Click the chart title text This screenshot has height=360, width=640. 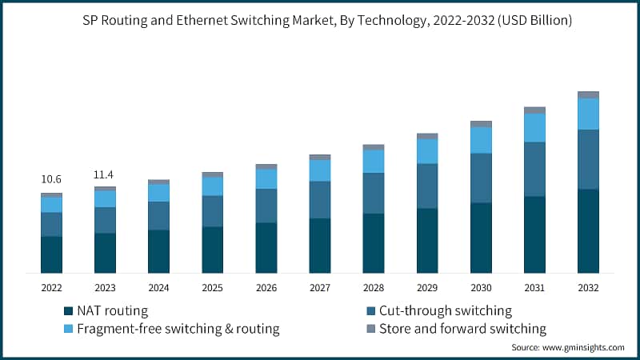tap(320, 22)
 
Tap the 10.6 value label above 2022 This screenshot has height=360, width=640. tap(51, 179)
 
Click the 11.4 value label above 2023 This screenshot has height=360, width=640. tap(105, 174)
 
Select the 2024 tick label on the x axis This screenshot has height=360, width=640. tap(158, 287)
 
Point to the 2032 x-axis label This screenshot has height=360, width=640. tap(588, 287)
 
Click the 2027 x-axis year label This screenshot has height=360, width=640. tap(320, 287)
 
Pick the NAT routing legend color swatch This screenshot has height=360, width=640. tap(68, 311)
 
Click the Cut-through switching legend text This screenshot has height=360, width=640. tap(445, 311)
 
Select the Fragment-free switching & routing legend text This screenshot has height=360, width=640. tap(178, 328)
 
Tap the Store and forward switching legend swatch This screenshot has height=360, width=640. tap(370, 328)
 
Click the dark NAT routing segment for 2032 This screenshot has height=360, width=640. tap(588, 230)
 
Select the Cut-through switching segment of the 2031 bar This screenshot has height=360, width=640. tap(534, 169)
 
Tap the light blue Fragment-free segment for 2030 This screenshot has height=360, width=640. tap(481, 140)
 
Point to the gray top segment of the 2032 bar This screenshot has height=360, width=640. tap(588, 94)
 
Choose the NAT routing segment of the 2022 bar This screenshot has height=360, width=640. tap(51, 254)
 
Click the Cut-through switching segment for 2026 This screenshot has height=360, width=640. tap(266, 206)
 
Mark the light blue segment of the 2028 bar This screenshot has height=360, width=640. tap(374, 162)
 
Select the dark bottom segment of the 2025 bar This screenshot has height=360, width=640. tap(213, 250)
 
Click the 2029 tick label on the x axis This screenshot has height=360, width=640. tap(427, 287)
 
